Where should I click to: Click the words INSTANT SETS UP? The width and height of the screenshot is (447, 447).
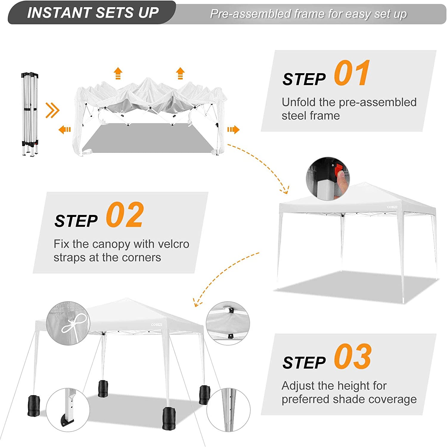pos(93,13)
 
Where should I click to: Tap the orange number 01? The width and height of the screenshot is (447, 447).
pos(352,73)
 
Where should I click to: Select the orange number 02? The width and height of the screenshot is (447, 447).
pos(125,215)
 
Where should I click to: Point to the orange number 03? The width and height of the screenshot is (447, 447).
pos(353,356)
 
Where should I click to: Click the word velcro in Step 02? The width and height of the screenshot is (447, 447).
pos(173,244)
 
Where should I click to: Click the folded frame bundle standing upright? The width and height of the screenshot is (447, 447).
pos(30,114)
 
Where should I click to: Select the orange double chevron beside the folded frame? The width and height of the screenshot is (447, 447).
pos(52,110)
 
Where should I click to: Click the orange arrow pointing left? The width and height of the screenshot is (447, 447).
pos(65,130)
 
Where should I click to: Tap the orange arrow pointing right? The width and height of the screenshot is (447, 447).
pos(233,130)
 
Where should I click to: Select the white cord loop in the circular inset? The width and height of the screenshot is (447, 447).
pos(74,324)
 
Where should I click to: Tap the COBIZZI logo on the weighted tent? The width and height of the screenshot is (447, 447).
pos(156,325)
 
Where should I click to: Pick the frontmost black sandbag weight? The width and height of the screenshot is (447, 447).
pos(169,418)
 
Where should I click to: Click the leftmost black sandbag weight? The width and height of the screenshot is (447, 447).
pos(33,406)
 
